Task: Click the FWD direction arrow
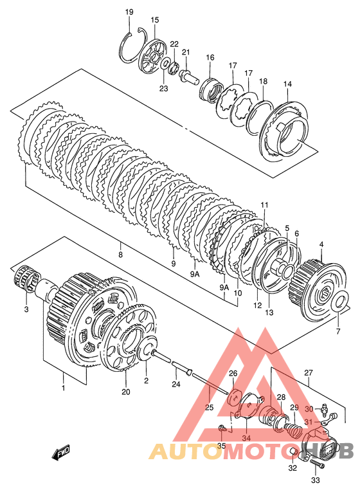[61, 453]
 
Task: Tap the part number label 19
[129, 12]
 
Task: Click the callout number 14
[287, 84]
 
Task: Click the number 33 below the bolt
[315, 480]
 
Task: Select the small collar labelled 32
[292, 452]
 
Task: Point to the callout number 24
[176, 383]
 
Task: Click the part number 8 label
[120, 255]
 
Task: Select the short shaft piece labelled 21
[189, 76]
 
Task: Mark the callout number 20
[126, 392]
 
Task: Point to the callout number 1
[64, 388]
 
